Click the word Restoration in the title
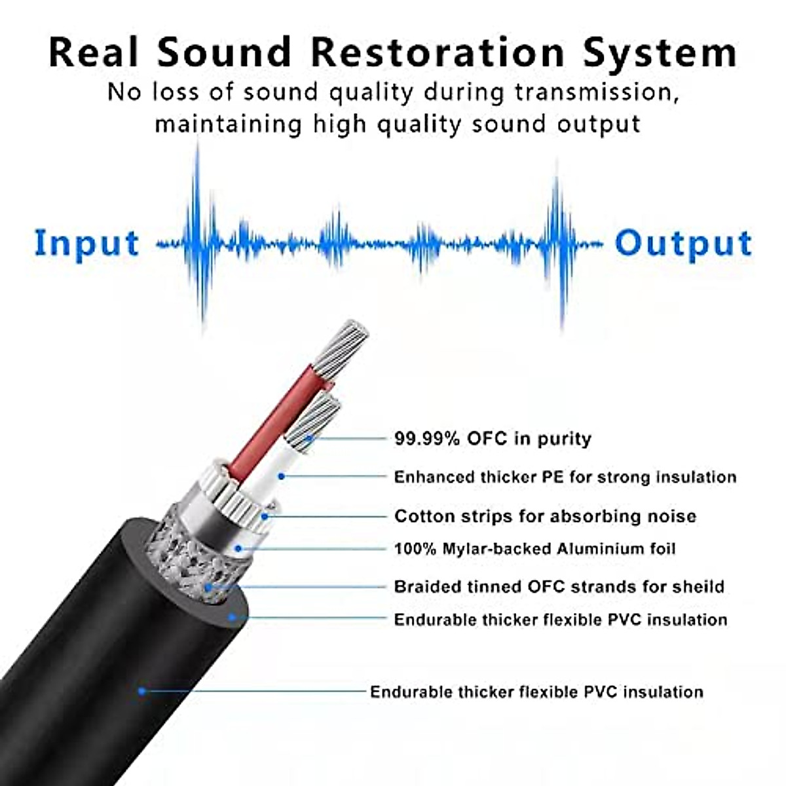point(437,52)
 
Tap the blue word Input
point(86,244)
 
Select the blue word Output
point(683,244)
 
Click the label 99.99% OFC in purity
point(493,438)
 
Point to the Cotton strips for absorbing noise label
point(545,516)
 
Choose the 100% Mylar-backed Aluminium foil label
point(534,548)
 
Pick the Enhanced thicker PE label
point(565,477)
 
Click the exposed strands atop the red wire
point(341,347)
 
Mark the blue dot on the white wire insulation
point(281,476)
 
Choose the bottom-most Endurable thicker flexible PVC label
point(536,692)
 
